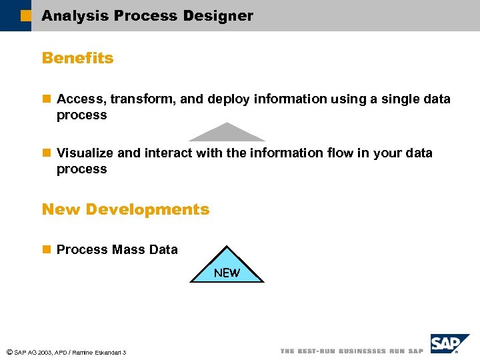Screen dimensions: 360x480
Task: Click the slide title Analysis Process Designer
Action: [147, 16]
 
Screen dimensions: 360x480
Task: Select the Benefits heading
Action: [77, 58]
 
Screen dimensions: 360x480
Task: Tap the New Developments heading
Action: [125, 209]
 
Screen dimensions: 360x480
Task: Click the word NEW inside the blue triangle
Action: [227, 273]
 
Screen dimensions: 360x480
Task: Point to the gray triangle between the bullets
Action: [227, 134]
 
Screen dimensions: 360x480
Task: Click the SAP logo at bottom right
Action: [449, 345]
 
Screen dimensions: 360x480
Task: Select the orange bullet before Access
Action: [46, 99]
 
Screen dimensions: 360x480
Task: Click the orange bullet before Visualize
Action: [46, 153]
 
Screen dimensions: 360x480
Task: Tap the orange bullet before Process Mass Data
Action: [46, 250]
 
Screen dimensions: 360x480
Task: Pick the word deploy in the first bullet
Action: [228, 99]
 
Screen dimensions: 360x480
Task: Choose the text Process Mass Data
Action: [117, 250]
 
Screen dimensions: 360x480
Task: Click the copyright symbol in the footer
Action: [8, 351]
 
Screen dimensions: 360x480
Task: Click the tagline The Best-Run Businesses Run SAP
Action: [351, 351]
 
